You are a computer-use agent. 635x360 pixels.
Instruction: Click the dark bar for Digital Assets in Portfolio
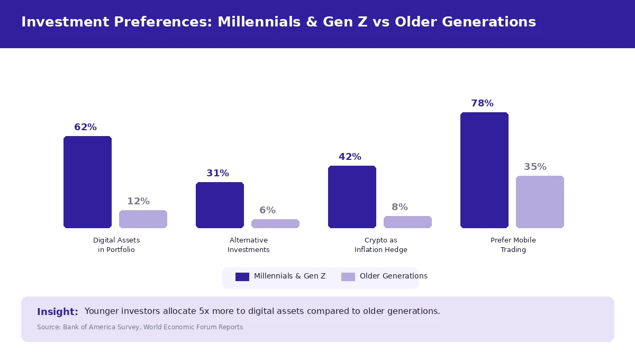click(87, 182)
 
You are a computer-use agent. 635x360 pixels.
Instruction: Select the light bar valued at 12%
click(143, 219)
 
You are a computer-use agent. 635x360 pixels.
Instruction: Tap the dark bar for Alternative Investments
click(220, 205)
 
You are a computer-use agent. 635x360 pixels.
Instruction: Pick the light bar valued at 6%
click(275, 223)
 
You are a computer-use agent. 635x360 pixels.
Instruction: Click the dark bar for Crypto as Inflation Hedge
click(352, 197)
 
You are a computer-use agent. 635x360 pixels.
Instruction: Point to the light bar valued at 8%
click(407, 222)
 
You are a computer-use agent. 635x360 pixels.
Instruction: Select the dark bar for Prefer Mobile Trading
click(484, 170)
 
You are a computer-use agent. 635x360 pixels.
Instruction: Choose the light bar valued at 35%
click(540, 202)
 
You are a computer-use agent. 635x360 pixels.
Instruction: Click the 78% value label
click(482, 103)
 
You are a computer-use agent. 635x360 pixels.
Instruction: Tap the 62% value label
click(85, 127)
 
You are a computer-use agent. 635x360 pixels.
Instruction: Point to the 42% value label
click(350, 157)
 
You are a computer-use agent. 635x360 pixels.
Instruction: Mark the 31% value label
click(217, 173)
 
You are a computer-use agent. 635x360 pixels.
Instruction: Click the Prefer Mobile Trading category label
click(513, 245)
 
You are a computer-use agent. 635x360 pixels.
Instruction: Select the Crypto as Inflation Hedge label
click(381, 245)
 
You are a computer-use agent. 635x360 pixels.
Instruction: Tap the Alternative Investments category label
click(249, 245)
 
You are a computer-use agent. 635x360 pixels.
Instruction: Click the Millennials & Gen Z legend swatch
click(242, 276)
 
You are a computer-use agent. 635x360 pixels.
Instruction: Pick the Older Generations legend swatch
click(348, 276)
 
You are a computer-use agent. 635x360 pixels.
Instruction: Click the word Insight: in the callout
click(58, 312)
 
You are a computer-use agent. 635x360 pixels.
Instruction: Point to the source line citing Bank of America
click(140, 327)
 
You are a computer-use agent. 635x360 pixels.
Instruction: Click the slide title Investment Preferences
click(278, 22)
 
